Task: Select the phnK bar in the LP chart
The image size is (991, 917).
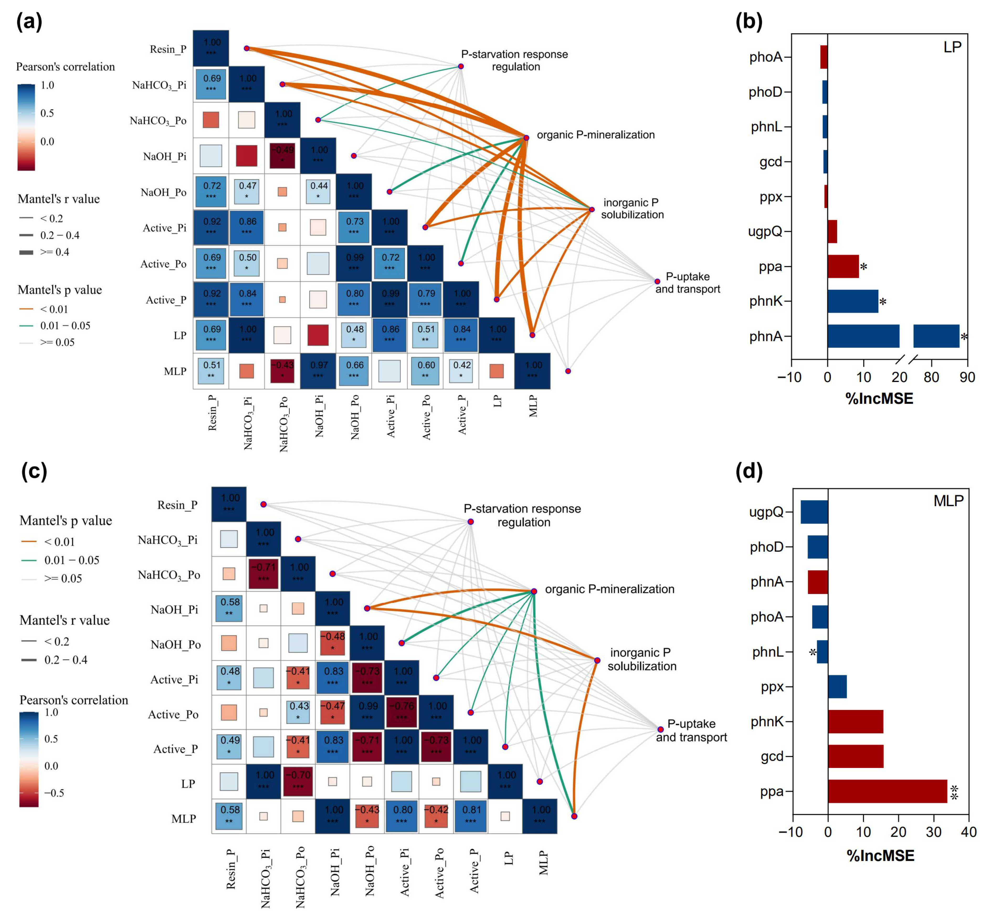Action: pyautogui.click(x=852, y=301)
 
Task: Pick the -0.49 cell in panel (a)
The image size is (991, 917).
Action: pyautogui.click(x=282, y=156)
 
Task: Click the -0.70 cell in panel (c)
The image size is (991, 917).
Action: pyautogui.click(x=298, y=781)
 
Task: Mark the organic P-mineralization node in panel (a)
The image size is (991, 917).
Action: pyautogui.click(x=526, y=137)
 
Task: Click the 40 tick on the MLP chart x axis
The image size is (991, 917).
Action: pyautogui.click(x=968, y=832)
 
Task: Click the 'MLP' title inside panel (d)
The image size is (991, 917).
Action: pyautogui.click(x=948, y=501)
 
